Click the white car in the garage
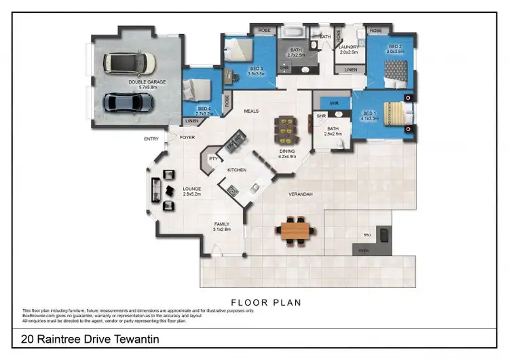129,63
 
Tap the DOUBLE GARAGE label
147,82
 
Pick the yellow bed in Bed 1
392,112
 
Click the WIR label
334,103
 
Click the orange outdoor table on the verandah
295,230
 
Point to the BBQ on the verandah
384,234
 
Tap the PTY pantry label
212,158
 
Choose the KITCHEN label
236,169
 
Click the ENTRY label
151,139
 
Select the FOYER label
187,137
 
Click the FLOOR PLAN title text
266,302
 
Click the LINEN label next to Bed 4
191,121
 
